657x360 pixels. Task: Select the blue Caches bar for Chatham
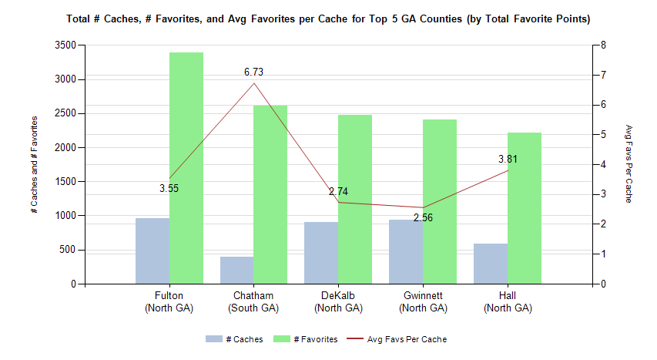click(237, 271)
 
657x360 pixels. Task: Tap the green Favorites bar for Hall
click(525, 208)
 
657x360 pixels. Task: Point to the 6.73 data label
click(254, 72)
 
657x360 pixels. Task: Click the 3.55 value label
click(169, 188)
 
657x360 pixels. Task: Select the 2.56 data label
click(423, 218)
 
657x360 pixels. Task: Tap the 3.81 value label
click(508, 160)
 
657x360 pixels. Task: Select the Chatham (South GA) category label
click(253, 302)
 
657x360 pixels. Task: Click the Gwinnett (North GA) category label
click(423, 302)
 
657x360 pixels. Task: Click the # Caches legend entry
click(235, 339)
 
